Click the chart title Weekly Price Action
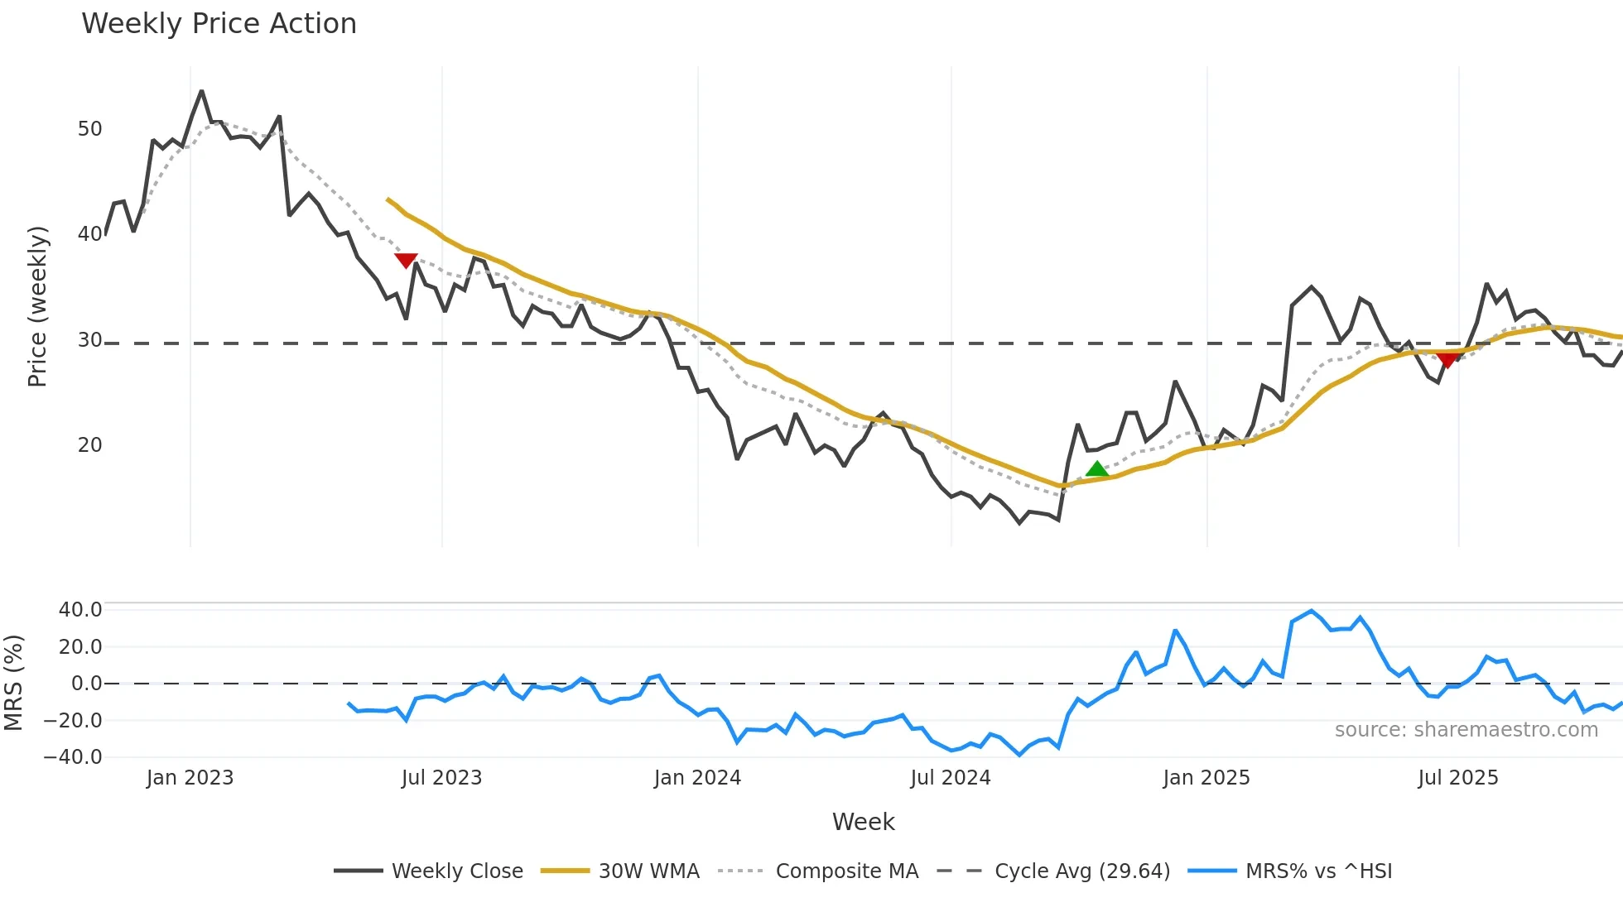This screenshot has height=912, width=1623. point(219,24)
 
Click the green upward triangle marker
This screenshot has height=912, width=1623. point(1096,469)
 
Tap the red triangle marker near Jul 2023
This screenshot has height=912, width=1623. point(406,261)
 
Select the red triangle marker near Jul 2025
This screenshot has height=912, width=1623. point(1447,360)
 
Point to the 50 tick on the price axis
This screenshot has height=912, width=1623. point(89,129)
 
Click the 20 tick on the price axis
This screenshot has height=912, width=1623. point(89,445)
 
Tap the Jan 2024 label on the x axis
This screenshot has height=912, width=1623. point(697,778)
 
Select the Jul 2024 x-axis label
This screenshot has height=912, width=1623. point(951,778)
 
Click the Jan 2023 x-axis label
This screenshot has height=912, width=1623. point(190,778)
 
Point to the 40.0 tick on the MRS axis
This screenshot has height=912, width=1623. point(80,610)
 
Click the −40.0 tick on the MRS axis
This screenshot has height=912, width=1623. point(74,757)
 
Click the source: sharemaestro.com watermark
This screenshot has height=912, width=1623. point(1466,730)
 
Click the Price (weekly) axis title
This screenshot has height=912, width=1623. point(38,306)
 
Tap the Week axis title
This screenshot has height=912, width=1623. point(863,822)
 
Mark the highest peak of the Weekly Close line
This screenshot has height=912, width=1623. point(201,91)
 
